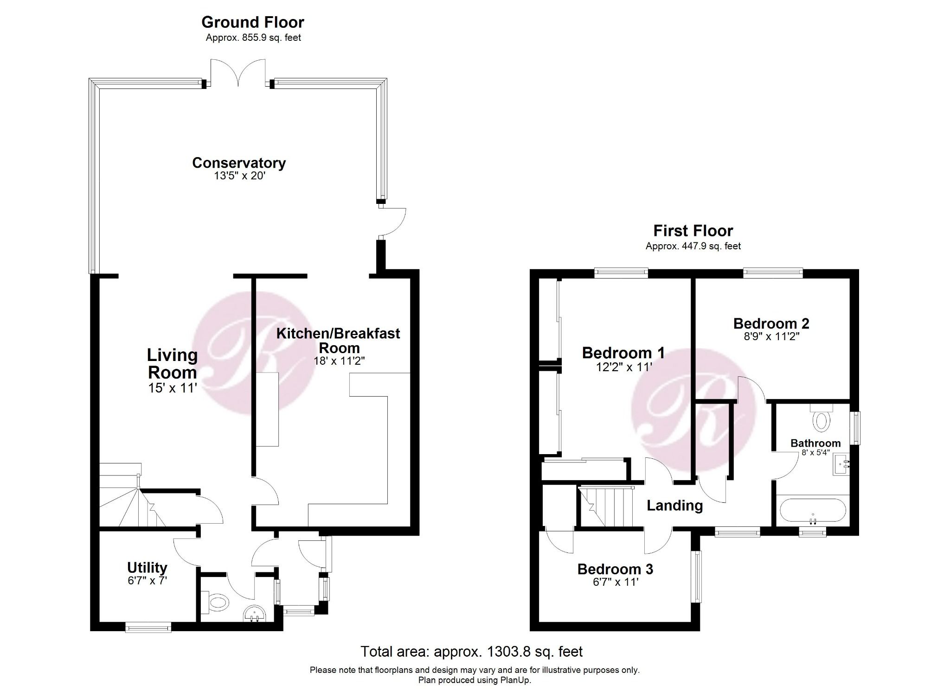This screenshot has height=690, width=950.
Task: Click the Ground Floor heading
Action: click(252, 22)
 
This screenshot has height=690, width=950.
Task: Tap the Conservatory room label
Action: click(239, 163)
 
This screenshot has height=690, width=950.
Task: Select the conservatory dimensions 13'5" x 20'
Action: click(239, 176)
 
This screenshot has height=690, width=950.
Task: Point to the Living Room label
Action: click(172, 363)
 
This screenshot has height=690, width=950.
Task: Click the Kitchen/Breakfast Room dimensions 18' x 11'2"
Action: click(339, 361)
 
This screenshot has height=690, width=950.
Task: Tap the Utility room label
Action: click(147, 567)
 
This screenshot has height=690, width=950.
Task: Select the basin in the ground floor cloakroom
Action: click(254, 614)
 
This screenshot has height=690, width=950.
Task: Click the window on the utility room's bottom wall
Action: click(148, 628)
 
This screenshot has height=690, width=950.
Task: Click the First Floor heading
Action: click(693, 230)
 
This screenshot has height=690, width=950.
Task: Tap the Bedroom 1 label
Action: click(623, 353)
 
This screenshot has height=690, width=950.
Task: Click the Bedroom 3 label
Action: click(615, 569)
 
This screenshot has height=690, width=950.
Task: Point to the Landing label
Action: click(674, 505)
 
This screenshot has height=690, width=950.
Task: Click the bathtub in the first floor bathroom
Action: click(813, 511)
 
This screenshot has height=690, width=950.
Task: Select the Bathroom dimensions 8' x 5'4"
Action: click(815, 453)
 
